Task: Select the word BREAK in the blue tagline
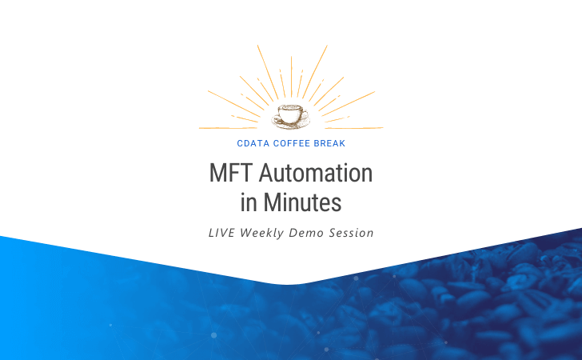(x=329, y=143)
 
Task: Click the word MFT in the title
(x=231, y=173)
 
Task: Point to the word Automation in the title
(x=316, y=173)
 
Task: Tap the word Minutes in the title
(x=302, y=202)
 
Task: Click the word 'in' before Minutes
(x=249, y=202)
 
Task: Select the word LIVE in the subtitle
(x=221, y=233)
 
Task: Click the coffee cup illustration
(x=291, y=116)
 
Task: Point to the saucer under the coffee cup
(x=291, y=123)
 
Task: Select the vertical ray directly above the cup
(x=291, y=77)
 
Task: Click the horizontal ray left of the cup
(x=228, y=128)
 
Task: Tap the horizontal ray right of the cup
(x=354, y=128)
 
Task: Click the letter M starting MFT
(x=217, y=173)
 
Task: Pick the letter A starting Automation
(x=265, y=173)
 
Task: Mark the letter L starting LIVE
(x=211, y=233)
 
